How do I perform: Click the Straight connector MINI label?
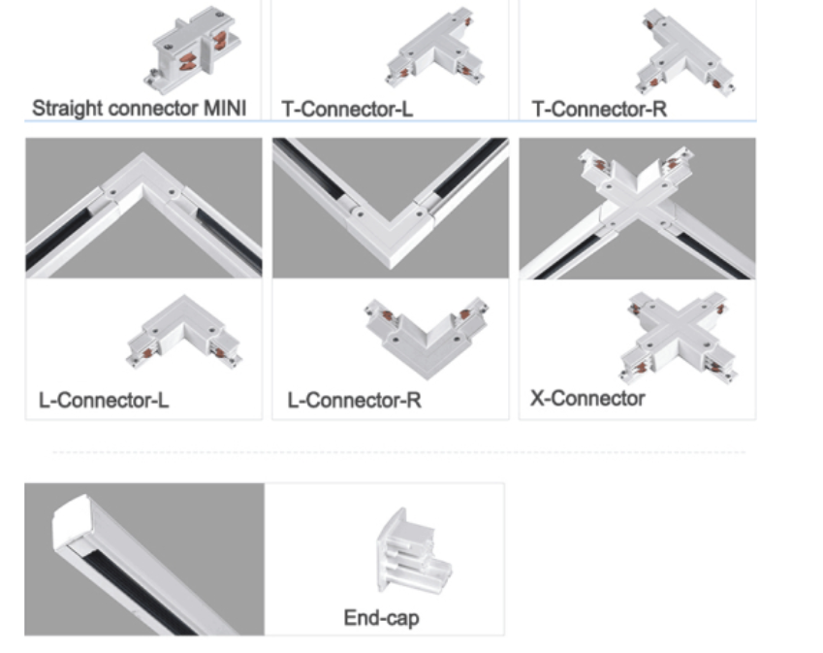tap(140, 107)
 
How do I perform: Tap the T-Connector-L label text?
tap(347, 109)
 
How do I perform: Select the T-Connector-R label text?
tap(599, 109)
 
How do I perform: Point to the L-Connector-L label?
tap(104, 400)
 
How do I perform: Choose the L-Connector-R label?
tap(354, 400)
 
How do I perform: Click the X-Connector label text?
tap(587, 398)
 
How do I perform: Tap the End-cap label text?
tap(381, 617)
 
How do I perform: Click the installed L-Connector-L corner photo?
tap(143, 208)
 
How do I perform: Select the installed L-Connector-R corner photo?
tap(391, 208)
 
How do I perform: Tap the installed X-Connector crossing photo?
tap(637, 208)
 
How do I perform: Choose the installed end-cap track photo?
tap(144, 559)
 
